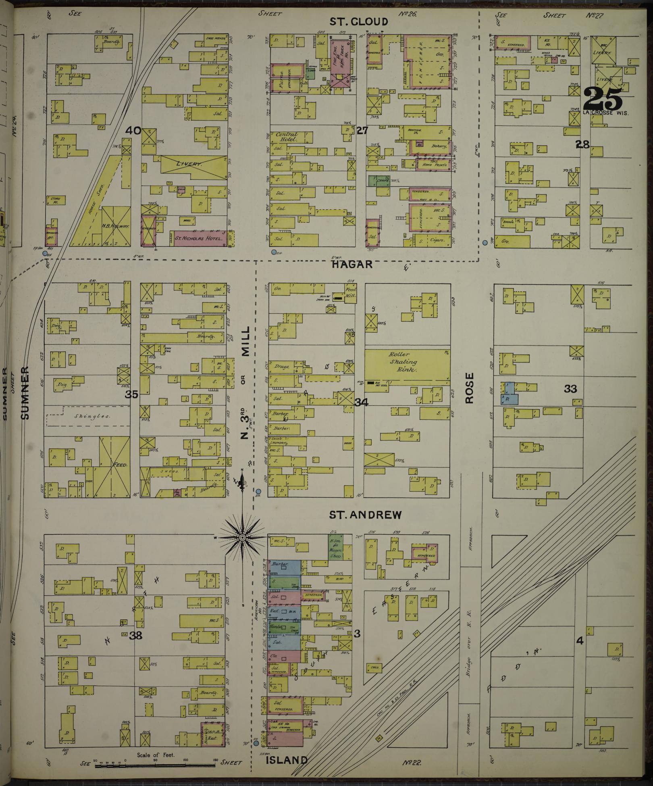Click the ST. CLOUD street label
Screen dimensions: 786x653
pos(358,22)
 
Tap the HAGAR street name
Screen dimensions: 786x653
pos(352,264)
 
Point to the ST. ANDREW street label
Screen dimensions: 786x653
pos(365,515)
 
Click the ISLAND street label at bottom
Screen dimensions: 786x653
pos(287,760)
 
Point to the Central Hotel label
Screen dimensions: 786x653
pos(287,137)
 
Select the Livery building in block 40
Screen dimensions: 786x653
pos(194,165)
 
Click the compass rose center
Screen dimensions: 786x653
pos(242,538)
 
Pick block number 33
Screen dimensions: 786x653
pos(570,389)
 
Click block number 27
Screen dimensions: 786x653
pos(362,130)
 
